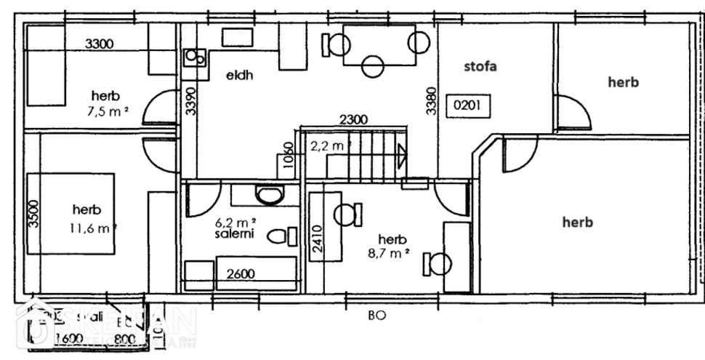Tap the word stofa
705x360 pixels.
(x=480, y=67)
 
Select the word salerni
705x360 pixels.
(x=233, y=236)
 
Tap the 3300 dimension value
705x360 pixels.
(x=99, y=44)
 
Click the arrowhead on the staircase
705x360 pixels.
(x=401, y=153)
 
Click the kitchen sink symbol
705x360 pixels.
(x=194, y=55)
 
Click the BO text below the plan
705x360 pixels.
(x=376, y=316)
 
